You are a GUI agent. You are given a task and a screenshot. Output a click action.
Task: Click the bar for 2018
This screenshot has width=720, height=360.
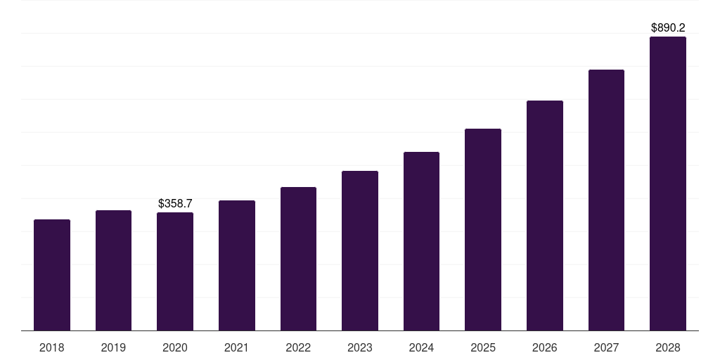pos(52,275)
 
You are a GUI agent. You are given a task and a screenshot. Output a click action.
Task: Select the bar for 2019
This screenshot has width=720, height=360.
pos(113,271)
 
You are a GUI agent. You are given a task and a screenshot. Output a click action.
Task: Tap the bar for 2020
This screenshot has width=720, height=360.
pos(175,271)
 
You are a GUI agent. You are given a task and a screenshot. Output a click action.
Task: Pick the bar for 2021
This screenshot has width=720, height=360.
pos(237,266)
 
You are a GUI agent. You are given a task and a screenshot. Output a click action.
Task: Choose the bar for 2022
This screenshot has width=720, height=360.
pos(298,259)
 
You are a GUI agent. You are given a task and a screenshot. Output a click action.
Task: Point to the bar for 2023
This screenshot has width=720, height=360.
pos(360,251)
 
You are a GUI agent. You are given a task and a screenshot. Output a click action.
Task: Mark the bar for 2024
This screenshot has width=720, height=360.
pos(421,241)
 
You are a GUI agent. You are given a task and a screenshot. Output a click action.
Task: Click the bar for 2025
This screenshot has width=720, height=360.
pos(483,230)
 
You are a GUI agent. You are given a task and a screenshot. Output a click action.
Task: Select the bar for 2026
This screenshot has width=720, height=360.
pos(545,216)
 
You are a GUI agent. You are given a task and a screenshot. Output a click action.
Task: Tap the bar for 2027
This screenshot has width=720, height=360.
pos(606,200)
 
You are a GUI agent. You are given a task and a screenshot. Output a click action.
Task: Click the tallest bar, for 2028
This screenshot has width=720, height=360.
pos(668,184)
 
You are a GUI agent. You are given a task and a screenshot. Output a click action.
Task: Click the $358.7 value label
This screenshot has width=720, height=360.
pos(175,203)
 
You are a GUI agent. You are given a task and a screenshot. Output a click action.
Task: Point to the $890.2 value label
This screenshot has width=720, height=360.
pos(668,28)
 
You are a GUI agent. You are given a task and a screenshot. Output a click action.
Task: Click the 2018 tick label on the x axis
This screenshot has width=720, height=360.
pos(52,347)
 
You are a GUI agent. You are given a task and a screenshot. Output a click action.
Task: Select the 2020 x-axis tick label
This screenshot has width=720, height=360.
pos(175,347)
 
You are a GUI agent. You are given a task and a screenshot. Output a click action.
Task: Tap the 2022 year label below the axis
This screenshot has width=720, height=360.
pos(298,347)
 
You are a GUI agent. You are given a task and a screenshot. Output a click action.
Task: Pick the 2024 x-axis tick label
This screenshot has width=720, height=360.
pos(421,347)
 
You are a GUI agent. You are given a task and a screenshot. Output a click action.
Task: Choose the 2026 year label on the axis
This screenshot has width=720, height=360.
pos(545,347)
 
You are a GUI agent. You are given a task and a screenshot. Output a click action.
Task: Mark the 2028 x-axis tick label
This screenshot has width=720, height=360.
pos(668,347)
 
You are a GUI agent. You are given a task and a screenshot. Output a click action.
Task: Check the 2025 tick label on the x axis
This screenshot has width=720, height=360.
pos(483,347)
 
